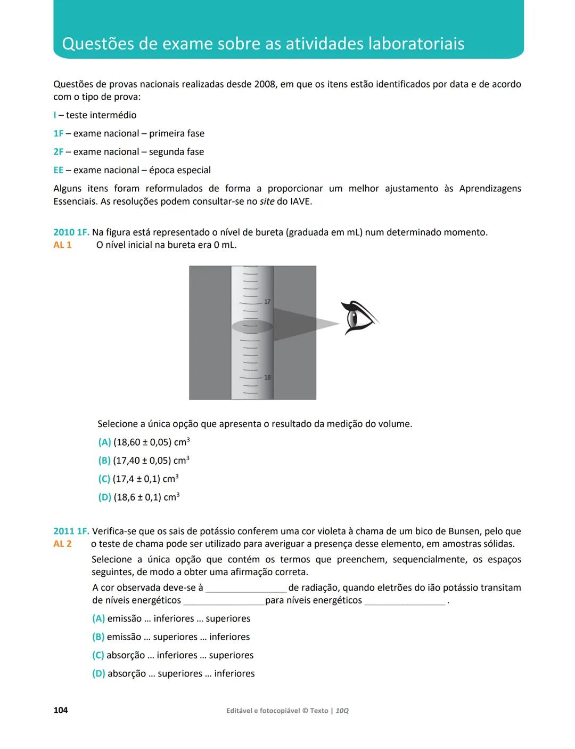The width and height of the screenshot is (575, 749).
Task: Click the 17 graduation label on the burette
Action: pos(267,302)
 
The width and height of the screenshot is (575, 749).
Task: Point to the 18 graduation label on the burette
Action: pos(267,377)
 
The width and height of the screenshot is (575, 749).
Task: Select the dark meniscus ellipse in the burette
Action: pos(252,326)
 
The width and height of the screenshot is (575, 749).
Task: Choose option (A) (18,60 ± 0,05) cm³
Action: pos(144,442)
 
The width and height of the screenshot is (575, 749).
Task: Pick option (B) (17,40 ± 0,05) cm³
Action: pos(144,461)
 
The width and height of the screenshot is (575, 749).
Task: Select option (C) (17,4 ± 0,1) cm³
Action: pos(138,479)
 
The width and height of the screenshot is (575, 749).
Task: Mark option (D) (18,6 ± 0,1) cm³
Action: pos(139,497)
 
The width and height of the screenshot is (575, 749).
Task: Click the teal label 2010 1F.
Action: pos(71,232)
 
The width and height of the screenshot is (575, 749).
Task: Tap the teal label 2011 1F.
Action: pos(71,531)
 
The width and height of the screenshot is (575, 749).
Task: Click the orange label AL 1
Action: pos(62,245)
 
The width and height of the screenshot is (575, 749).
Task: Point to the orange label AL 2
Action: pos(62,544)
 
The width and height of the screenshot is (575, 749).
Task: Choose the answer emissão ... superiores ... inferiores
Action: pos(171,637)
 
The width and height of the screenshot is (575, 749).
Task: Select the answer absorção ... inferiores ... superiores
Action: pos(173,655)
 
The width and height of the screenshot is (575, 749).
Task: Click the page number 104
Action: pos(61,710)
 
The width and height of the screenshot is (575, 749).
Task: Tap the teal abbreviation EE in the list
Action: pos(58,170)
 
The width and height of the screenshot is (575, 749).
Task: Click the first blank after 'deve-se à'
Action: pos(246,589)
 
